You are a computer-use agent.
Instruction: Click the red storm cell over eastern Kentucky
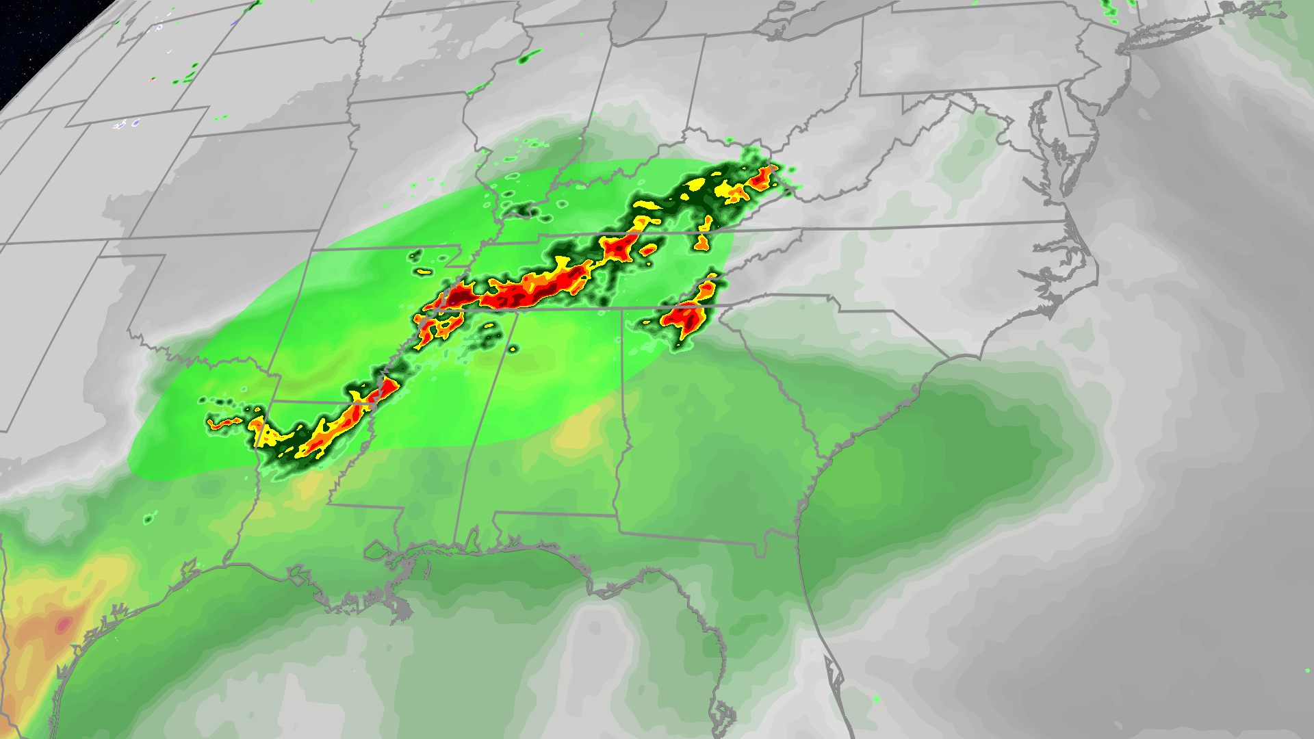760,179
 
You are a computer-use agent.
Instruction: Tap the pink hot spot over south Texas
63,624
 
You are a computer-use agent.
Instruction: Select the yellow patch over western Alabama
578,431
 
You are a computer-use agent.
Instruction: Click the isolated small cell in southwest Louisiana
149,519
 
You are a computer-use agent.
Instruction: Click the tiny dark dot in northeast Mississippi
513,350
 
